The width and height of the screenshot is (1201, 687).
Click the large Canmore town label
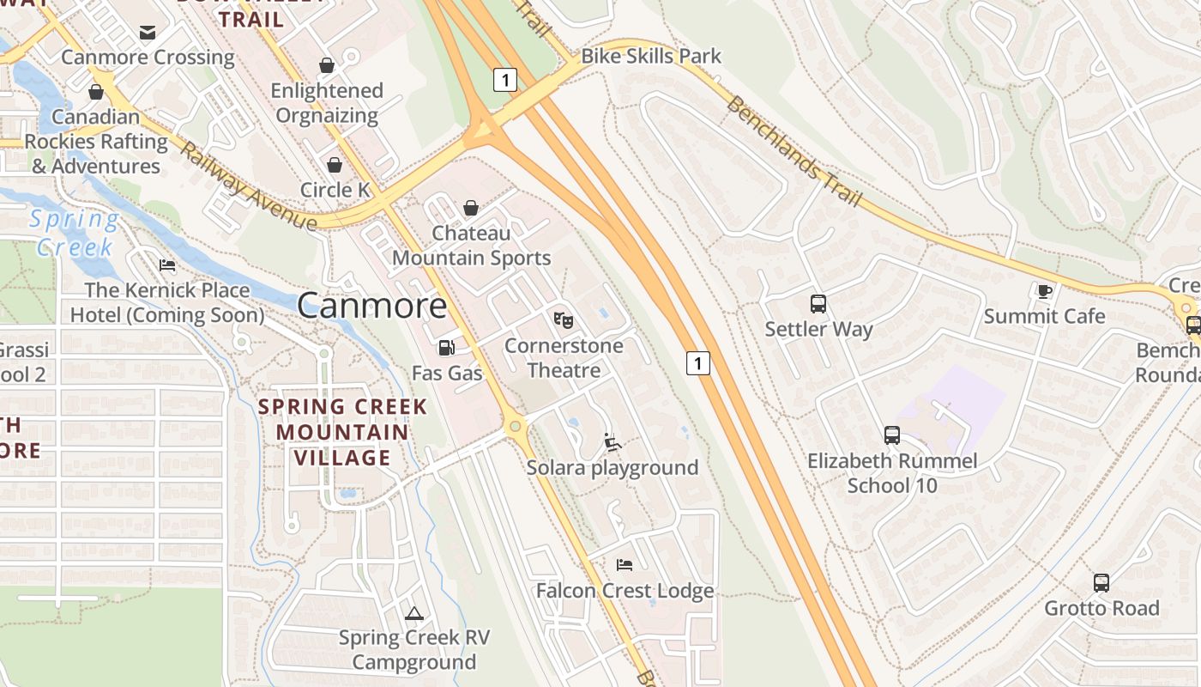pyautogui.click(x=372, y=306)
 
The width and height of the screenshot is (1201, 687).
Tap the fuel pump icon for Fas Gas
pyautogui.click(x=446, y=348)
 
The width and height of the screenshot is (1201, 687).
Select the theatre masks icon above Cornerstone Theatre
pyautogui.click(x=563, y=320)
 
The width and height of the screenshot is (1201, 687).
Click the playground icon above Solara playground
pyautogui.click(x=613, y=442)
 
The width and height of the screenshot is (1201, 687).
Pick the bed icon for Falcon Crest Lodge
pyautogui.click(x=625, y=565)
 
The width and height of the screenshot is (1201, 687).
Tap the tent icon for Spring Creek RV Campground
pyautogui.click(x=414, y=613)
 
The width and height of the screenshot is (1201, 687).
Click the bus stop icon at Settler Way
pyautogui.click(x=818, y=303)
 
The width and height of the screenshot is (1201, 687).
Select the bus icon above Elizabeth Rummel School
pyautogui.click(x=892, y=435)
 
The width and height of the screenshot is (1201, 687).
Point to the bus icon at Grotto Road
pyautogui.click(x=1101, y=583)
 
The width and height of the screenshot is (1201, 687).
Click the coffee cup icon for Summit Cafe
pyautogui.click(x=1044, y=291)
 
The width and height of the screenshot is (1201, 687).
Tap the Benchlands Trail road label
pyautogui.click(x=794, y=151)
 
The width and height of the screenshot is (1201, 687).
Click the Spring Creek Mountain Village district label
pyautogui.click(x=342, y=432)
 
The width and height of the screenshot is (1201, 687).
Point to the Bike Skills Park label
pyautogui.click(x=651, y=57)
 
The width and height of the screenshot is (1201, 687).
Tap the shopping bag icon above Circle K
pyautogui.click(x=335, y=165)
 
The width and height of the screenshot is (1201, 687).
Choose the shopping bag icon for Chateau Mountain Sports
pyautogui.click(x=470, y=208)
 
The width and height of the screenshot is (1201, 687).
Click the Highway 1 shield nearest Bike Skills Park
pyautogui.click(x=505, y=80)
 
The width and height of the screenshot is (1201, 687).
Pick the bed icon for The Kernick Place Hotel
pyautogui.click(x=166, y=265)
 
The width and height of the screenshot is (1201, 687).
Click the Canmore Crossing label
pyautogui.click(x=148, y=58)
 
